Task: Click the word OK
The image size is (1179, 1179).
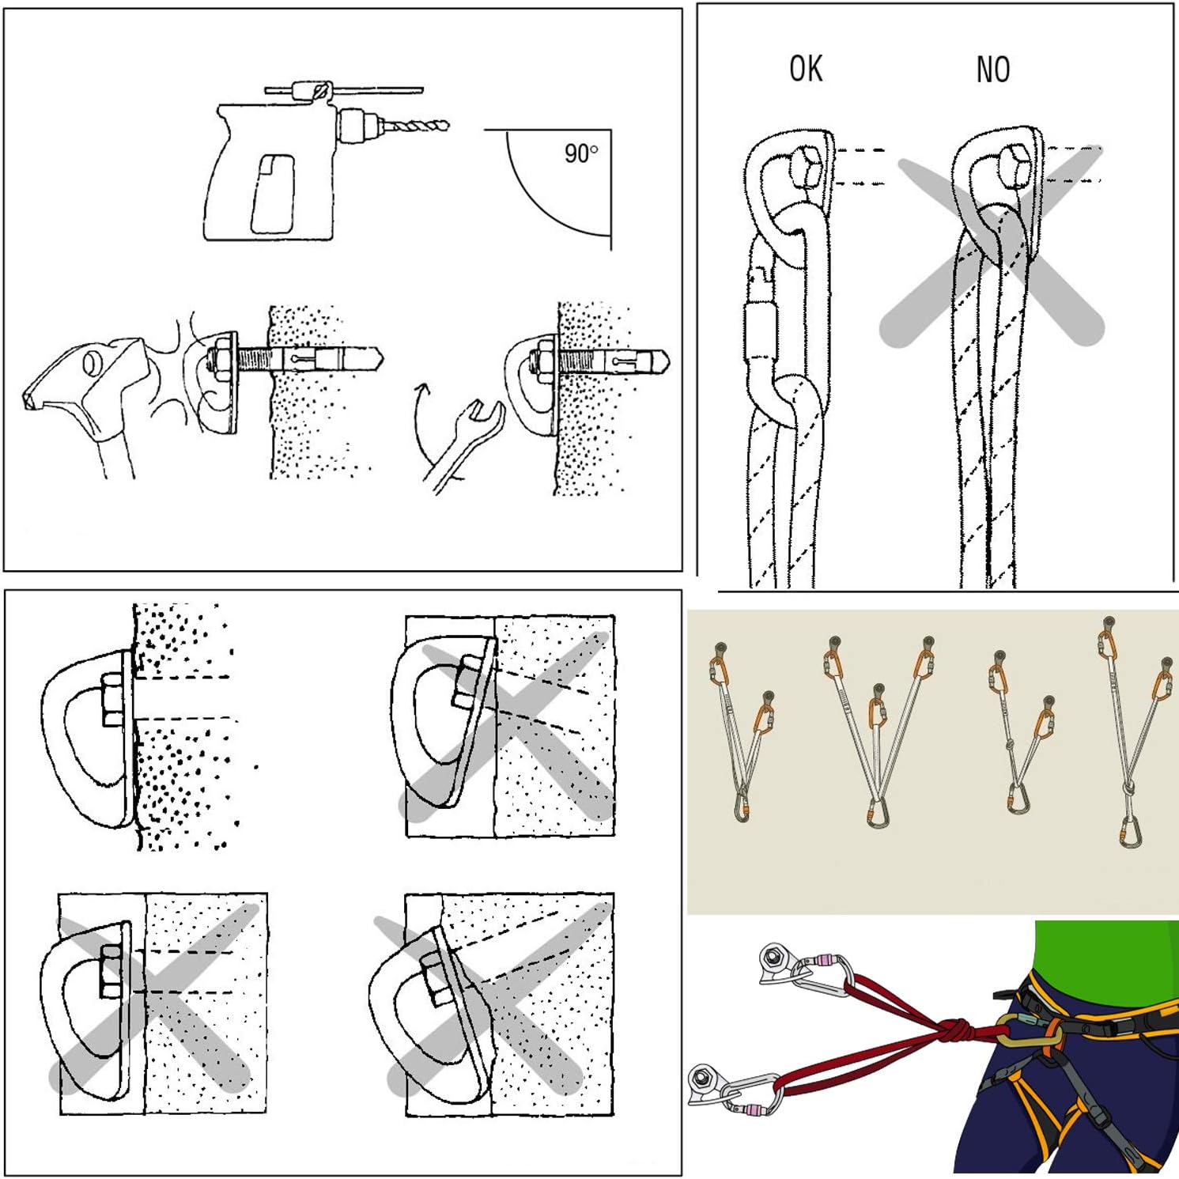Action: [806, 69]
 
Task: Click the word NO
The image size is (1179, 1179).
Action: [993, 70]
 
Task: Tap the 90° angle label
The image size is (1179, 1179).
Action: [581, 153]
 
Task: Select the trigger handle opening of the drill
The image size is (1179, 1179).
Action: [273, 194]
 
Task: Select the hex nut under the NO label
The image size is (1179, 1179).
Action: [1015, 167]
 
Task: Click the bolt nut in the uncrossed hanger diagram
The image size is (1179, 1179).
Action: [112, 699]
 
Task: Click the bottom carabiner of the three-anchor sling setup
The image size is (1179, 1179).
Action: [877, 814]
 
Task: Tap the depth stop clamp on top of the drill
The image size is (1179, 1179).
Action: [309, 91]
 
